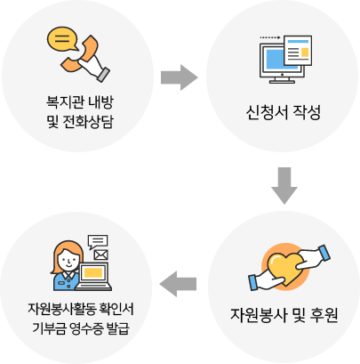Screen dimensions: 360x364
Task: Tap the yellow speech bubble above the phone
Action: point(62,39)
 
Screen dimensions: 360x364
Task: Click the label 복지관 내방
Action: point(80,101)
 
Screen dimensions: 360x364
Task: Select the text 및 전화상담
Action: point(80,121)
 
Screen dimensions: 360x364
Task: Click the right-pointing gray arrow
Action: point(180,77)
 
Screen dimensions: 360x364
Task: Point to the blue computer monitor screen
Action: point(276,60)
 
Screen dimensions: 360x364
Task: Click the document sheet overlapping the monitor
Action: point(298,51)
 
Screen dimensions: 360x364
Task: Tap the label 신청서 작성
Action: point(284,112)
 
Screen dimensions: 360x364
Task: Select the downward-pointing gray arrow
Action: point(284,186)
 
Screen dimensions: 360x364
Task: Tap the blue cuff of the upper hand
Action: point(324,254)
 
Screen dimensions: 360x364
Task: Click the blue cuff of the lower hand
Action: point(253,282)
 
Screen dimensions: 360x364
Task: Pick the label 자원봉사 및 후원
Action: point(284,315)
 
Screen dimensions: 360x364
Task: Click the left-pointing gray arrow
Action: point(178,284)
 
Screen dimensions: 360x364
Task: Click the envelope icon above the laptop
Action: point(100,255)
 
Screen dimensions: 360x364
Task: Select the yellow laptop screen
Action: point(93,272)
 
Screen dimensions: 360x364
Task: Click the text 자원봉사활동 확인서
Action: point(81,309)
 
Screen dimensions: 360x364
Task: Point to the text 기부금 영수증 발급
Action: point(81,328)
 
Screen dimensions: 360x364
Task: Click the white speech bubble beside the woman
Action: point(98,241)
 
